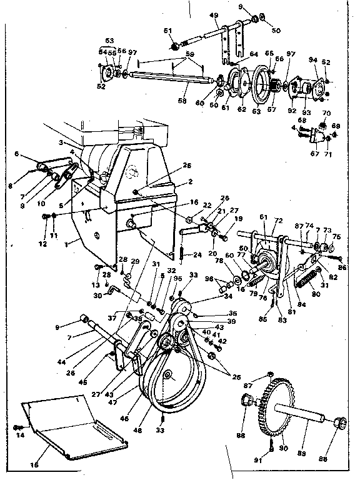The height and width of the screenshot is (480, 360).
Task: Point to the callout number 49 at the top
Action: [213, 15]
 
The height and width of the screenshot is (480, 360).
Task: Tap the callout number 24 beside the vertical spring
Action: [197, 254]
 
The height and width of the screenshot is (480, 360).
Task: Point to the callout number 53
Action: [110, 41]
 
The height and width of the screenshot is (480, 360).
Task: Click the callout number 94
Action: [314, 60]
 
